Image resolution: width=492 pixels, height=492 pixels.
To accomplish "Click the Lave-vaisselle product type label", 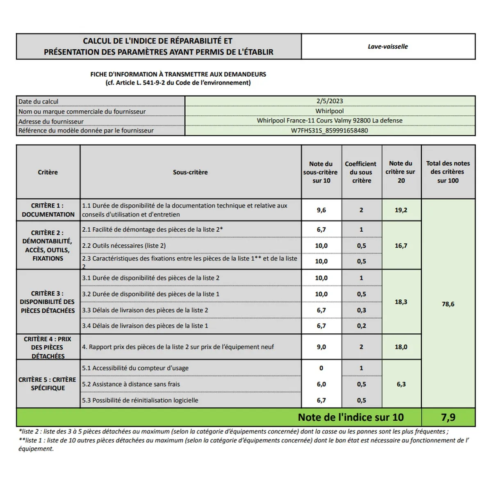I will pyautogui.click(x=387, y=47).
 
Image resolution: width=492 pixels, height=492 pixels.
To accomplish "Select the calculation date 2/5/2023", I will pyautogui.click(x=330, y=101).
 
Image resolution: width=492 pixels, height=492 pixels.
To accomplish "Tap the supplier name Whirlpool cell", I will pyautogui.click(x=330, y=111).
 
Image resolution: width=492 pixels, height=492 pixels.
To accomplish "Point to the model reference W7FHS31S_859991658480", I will pyautogui.click(x=330, y=131).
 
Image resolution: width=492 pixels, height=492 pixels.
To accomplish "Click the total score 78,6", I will pyautogui.click(x=448, y=304).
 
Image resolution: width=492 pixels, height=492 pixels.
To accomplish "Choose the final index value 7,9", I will pyautogui.click(x=448, y=417).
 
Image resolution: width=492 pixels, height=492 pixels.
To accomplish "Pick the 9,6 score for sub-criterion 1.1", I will pyautogui.click(x=321, y=210).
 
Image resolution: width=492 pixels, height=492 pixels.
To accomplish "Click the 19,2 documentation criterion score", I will pyautogui.click(x=401, y=210).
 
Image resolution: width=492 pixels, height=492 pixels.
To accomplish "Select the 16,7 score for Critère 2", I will pyautogui.click(x=401, y=246).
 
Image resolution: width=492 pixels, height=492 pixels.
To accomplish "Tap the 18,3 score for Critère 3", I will pyautogui.click(x=401, y=302).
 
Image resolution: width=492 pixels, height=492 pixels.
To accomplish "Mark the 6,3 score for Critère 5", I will pyautogui.click(x=401, y=384).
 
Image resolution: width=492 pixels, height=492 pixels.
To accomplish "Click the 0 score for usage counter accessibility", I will pyautogui.click(x=321, y=368).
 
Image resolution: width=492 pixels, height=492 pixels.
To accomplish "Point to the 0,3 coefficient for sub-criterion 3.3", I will pyautogui.click(x=361, y=310).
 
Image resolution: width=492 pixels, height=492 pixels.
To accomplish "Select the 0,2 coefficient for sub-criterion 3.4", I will pyautogui.click(x=361, y=326).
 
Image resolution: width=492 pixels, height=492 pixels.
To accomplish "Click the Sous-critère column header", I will pyautogui.click(x=190, y=172).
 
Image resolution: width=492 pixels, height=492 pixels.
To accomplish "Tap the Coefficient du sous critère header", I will pyautogui.click(x=361, y=172).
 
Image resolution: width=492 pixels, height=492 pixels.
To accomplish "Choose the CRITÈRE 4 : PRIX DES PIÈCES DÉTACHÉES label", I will pyautogui.click(x=48, y=347).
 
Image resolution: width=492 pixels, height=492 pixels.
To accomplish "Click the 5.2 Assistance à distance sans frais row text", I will pyautogui.click(x=131, y=384).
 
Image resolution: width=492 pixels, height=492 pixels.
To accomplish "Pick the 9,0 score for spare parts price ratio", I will pyautogui.click(x=321, y=347).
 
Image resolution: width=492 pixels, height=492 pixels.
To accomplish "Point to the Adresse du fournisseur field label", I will pyautogui.click(x=51, y=121).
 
